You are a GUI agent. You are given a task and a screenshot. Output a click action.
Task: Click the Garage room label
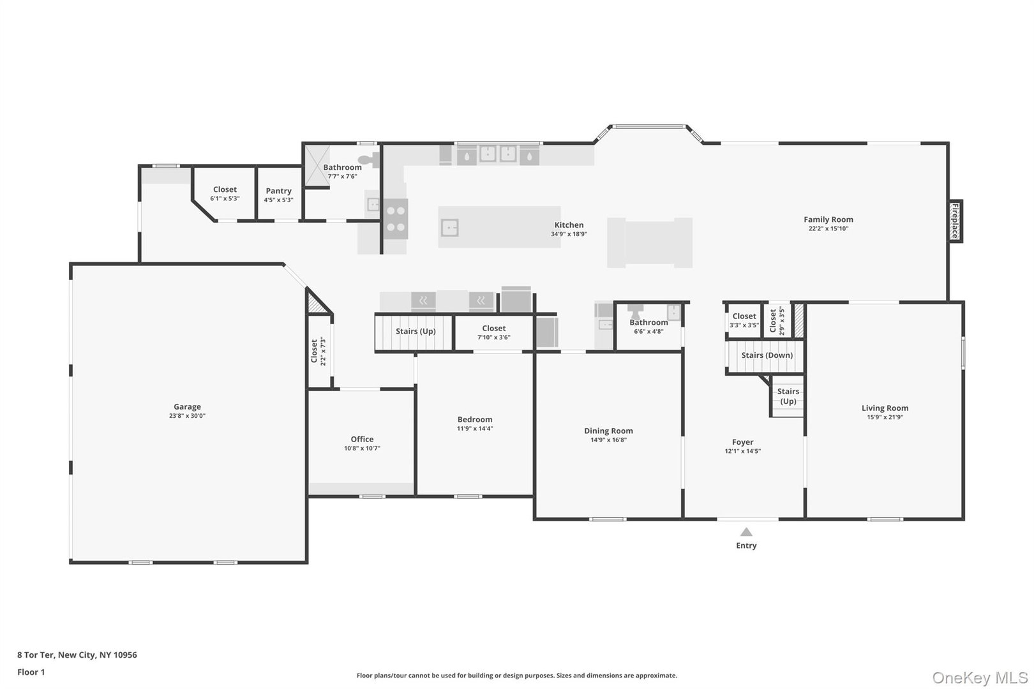point(187,407)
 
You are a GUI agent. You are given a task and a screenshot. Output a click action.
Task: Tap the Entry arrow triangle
point(746,532)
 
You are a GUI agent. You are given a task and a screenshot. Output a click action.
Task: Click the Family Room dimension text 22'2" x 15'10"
point(828,228)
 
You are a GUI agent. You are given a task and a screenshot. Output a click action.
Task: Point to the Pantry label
point(278,191)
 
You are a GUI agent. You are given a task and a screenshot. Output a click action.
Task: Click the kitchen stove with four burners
point(396,218)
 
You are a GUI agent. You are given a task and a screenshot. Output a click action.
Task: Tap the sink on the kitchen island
point(451,226)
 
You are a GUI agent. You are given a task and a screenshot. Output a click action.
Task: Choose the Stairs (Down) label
point(767,355)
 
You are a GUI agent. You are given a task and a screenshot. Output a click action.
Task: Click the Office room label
point(362,439)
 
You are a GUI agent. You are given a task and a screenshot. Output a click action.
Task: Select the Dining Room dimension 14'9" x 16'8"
point(608,440)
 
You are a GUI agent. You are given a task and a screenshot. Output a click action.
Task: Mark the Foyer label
point(742,442)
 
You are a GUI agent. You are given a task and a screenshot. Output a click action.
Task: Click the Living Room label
point(885,408)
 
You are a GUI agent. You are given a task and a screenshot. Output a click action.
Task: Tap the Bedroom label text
point(475,419)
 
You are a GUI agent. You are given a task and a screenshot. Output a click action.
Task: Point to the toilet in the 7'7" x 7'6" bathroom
point(366,160)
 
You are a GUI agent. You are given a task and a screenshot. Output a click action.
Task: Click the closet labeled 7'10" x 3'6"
point(493,332)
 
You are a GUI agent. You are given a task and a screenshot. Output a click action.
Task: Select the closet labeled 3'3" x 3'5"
point(744,320)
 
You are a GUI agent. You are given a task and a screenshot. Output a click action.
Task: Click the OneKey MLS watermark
point(980,677)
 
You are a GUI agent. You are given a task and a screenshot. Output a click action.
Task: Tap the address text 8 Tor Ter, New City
point(77,655)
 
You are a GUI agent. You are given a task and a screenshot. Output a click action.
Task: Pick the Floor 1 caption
point(31,672)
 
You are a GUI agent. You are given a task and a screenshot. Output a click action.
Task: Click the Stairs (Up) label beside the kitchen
point(416,331)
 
